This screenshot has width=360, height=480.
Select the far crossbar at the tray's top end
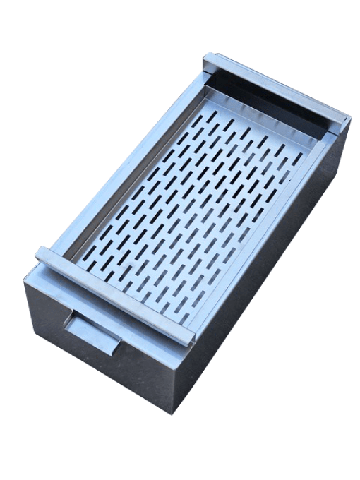click(x=275, y=88)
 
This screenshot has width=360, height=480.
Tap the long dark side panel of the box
click(x=268, y=268)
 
